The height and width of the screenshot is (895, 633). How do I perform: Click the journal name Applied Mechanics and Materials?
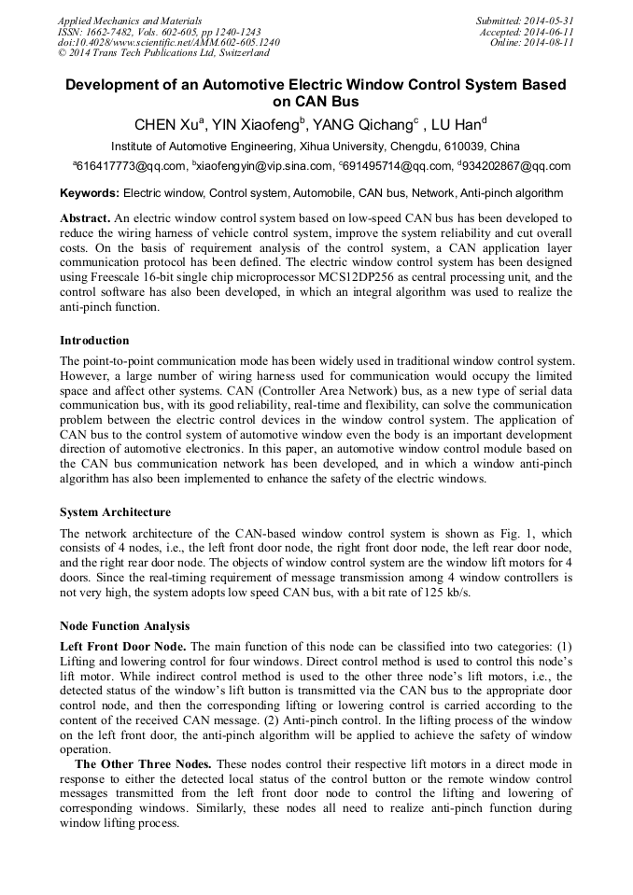click(129, 21)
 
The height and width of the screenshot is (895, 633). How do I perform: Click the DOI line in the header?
click(168, 43)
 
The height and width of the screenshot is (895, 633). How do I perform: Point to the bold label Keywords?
click(90, 194)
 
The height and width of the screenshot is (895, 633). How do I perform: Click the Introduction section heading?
click(94, 341)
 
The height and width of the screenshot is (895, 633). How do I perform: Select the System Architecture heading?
click(115, 512)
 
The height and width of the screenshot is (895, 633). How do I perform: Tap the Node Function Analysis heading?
click(125, 626)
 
